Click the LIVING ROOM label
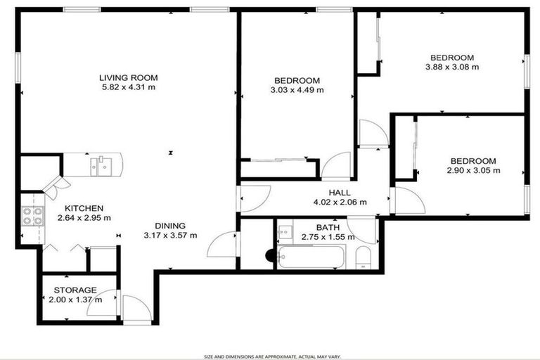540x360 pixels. [x=128, y=78]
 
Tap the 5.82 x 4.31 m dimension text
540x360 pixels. [x=128, y=88]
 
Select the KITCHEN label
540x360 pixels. [x=84, y=208]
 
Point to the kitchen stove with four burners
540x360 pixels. [x=32, y=215]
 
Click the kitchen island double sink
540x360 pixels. [x=103, y=166]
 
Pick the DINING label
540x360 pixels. [x=169, y=225]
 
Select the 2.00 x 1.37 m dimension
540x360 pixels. [x=75, y=300]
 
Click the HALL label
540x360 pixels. [x=340, y=193]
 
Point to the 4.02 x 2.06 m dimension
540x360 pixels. [x=340, y=202]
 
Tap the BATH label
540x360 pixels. [x=328, y=228]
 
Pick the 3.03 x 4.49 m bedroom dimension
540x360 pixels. [x=297, y=90]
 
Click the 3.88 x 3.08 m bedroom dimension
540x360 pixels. [x=452, y=67]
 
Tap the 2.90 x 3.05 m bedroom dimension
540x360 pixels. [x=473, y=170]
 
